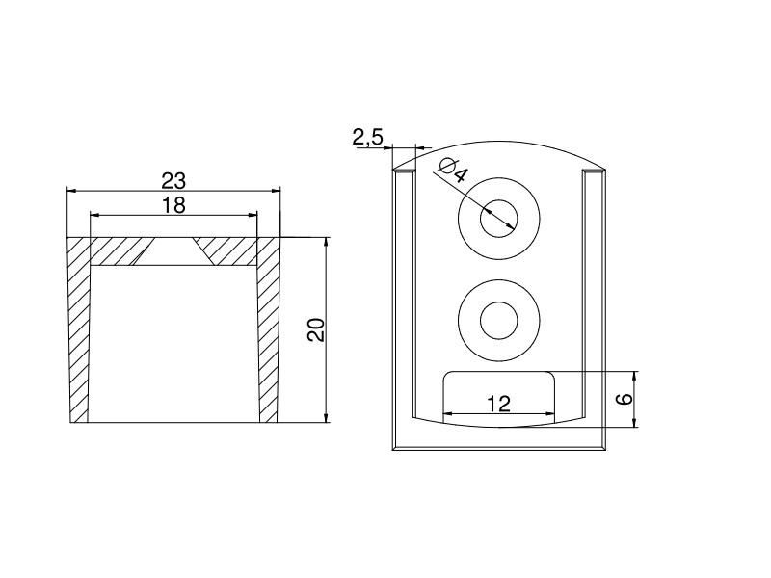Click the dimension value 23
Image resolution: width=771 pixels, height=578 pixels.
173,181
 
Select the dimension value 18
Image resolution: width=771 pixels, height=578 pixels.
173,205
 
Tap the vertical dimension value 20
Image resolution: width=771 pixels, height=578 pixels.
316,329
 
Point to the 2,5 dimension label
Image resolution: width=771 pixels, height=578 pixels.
367,137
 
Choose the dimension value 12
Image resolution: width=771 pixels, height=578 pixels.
499,404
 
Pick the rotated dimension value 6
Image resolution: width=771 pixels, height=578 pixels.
625,398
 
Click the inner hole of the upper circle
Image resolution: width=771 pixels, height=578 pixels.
499,218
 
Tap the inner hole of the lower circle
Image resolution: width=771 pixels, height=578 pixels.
499,321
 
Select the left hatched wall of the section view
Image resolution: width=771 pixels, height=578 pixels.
79,330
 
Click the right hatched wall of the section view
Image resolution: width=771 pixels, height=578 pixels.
269,330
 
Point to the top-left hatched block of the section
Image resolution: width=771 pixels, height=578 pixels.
121,252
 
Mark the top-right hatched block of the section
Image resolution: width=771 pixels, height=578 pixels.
226,252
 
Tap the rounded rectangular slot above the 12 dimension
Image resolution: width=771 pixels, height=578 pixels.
499,397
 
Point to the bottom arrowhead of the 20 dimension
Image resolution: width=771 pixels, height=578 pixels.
326,417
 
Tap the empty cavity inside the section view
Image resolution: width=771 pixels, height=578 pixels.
174,344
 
